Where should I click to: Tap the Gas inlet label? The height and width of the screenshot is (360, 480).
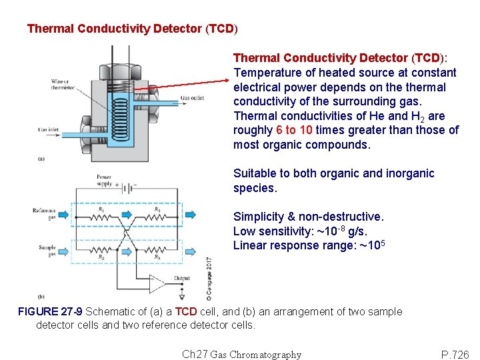[x=47, y=129]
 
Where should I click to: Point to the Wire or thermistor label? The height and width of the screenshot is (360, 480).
[x=60, y=85]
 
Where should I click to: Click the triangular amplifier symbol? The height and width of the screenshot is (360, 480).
[x=157, y=283]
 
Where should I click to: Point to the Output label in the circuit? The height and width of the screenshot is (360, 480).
[x=182, y=278]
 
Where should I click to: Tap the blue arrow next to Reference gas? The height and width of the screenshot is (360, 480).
[x=63, y=215]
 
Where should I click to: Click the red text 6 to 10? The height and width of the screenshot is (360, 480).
[x=294, y=130]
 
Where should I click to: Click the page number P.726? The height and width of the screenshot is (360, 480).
[x=455, y=355]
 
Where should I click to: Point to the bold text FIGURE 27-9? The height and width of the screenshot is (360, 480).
[x=50, y=311]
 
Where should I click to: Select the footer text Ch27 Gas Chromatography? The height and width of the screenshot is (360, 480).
[x=241, y=355]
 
